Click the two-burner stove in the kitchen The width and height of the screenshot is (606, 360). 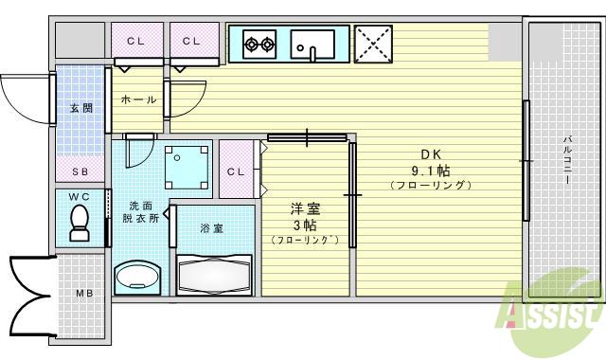click(259, 43)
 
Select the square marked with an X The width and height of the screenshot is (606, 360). click(372, 44)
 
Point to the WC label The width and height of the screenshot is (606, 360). click(80, 197)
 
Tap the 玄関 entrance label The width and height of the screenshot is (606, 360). click(80, 108)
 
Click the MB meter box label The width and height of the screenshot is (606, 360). click(83, 293)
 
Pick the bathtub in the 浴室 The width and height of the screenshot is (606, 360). click(214, 275)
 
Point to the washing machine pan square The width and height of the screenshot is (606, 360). click(187, 166)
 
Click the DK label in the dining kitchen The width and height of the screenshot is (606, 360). click(430, 154)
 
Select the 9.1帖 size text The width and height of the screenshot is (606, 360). click(430, 171)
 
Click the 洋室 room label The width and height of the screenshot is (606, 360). click(303, 208)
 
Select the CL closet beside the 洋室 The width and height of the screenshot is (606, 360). click(237, 171)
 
